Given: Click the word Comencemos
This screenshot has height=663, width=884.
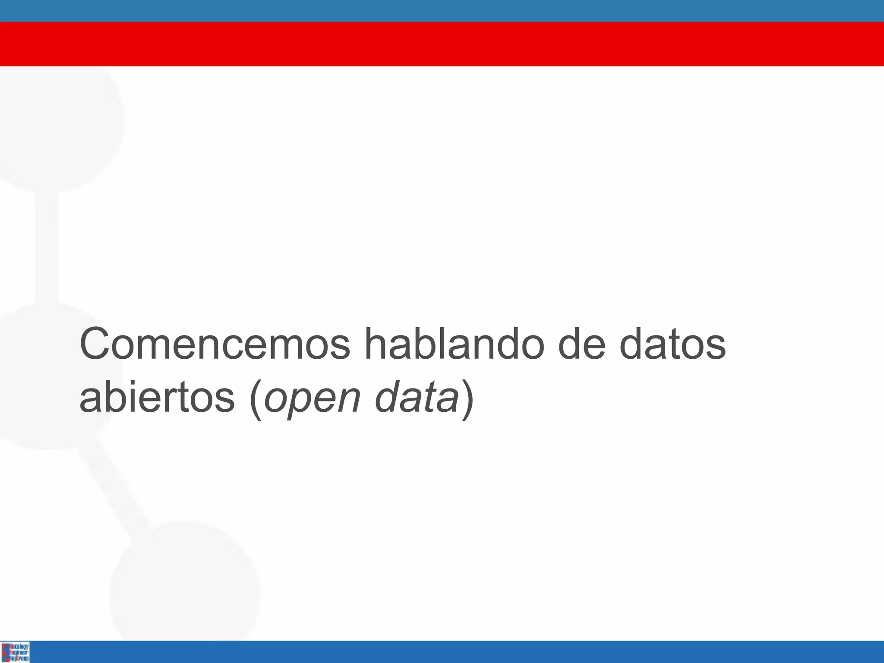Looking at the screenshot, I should coord(215,344).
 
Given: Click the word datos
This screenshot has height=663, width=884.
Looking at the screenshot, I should coord(672,344).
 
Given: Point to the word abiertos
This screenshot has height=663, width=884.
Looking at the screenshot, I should coord(157,398).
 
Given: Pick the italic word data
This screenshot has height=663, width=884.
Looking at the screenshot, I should coord(417,398).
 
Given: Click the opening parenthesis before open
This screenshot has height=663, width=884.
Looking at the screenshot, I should coord(256,399).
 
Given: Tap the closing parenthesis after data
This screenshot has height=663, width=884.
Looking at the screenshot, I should coord(467,399).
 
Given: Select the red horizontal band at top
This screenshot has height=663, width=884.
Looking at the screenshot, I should coord(442,44).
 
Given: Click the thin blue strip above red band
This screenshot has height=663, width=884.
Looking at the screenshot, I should coord(442,11).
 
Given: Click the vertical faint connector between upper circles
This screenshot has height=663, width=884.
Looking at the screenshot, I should coord(47,246).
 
